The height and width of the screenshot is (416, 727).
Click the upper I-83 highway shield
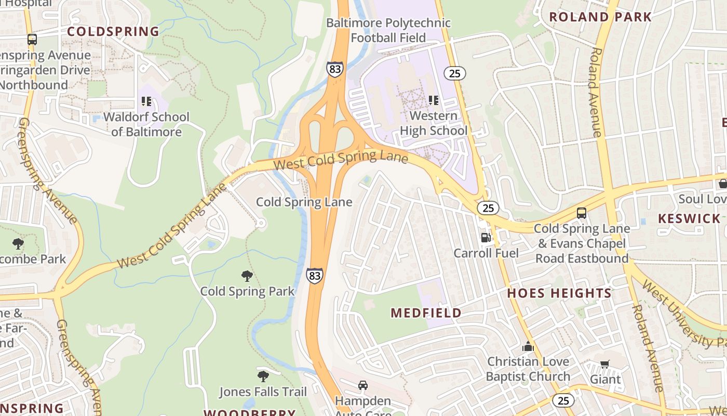[335, 69]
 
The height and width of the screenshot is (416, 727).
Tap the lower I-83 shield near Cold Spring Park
[314, 276]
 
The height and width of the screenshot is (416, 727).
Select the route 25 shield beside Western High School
[454, 73]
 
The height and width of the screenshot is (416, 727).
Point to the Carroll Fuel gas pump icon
[486, 238]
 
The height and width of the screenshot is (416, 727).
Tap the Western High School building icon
[433, 100]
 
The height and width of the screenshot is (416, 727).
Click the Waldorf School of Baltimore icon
[146, 101]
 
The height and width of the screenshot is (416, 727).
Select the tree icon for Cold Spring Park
[247, 276]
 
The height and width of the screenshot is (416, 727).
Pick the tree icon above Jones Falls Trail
[263, 376]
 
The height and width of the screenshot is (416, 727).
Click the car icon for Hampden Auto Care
[363, 385]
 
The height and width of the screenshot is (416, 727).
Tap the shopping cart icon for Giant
[604, 364]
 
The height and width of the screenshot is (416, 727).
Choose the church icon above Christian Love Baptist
[528, 346]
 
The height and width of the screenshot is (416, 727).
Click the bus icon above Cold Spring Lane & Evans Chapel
[582, 213]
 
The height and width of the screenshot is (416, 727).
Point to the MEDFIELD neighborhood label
[426, 313]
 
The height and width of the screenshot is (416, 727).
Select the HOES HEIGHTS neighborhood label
[560, 293]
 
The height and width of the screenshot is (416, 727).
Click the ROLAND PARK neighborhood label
[600, 17]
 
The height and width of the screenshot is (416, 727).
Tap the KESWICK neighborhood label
[690, 218]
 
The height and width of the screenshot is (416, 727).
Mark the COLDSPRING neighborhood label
[113, 32]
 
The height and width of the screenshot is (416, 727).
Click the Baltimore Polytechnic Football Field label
[388, 30]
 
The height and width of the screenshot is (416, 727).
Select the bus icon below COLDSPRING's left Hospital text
[32, 39]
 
